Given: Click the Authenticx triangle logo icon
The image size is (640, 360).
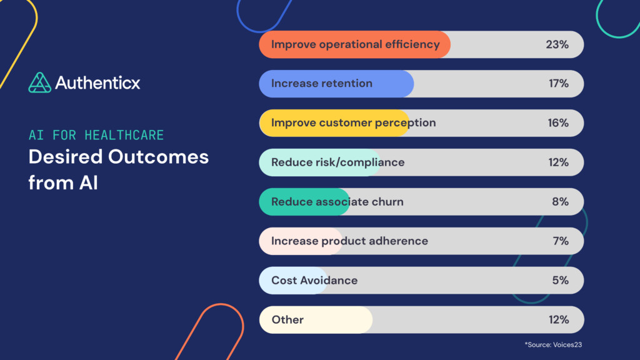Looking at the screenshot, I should pos(39,82).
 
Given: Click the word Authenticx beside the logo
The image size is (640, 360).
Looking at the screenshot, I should pos(97,82).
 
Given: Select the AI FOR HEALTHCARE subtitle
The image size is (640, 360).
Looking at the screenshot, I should pos(96,135).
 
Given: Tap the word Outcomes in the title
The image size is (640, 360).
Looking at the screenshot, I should pos(159,157).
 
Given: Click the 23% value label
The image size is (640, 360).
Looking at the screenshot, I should pos(557,44).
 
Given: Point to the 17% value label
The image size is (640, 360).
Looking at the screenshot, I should pos(557,84).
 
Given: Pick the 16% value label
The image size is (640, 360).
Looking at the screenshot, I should pos(557,123).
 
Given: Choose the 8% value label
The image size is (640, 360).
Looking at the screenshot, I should pos(560,202).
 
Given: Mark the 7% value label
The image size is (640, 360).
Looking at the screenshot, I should pos(560,241).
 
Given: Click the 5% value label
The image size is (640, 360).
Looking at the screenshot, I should pos(560,281).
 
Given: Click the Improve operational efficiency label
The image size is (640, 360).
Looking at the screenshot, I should pos(355,44).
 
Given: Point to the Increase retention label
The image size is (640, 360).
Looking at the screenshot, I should pos(321,84).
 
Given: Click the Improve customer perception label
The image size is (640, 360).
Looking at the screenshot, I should pos(353,123).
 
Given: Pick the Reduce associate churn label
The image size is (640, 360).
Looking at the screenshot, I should pos(337,202).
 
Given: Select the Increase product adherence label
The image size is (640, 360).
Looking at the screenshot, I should pos(349,241).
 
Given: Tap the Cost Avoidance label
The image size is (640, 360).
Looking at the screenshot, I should pos(314,281).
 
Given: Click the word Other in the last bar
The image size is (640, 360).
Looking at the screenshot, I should pos(287,320).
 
